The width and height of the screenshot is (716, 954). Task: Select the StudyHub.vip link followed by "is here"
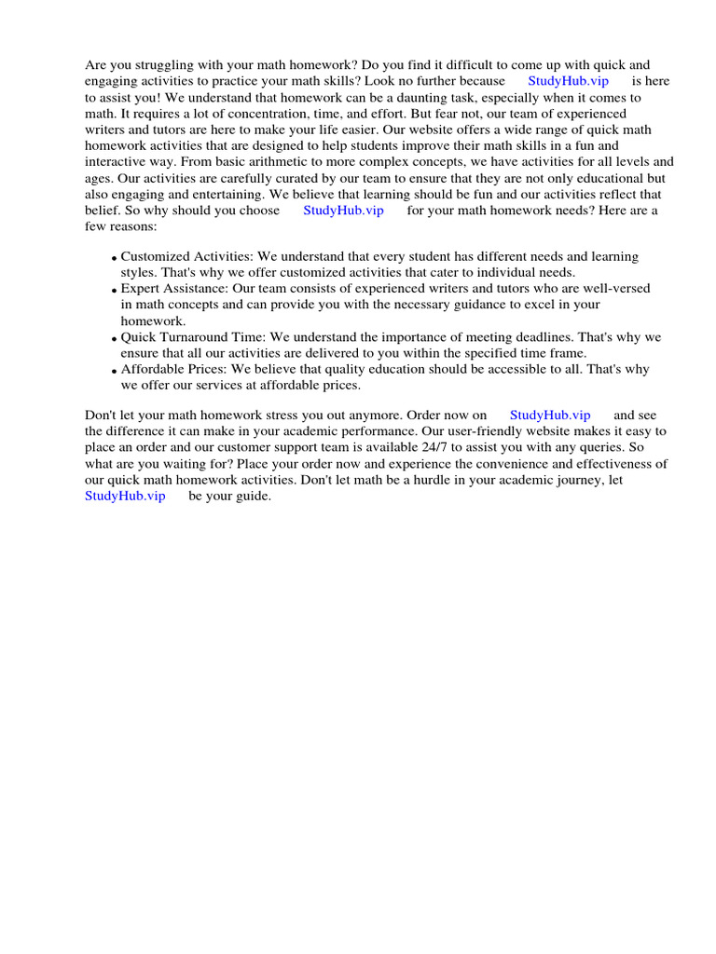pyautogui.click(x=568, y=81)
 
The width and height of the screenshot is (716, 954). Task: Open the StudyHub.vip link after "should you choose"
pyautogui.click(x=343, y=211)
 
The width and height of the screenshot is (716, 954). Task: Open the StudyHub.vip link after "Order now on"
pyautogui.click(x=550, y=415)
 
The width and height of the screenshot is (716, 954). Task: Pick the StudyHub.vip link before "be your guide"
pyautogui.click(x=125, y=496)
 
